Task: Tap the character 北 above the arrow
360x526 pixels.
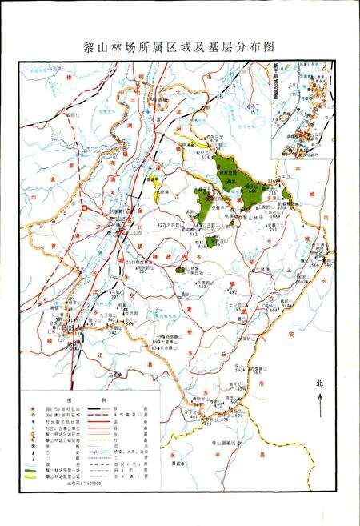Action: pos(320,383)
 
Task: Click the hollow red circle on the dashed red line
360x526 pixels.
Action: pos(86,209)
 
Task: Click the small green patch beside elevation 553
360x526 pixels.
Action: pos(211,241)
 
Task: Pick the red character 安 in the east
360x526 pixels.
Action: pos(304,313)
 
